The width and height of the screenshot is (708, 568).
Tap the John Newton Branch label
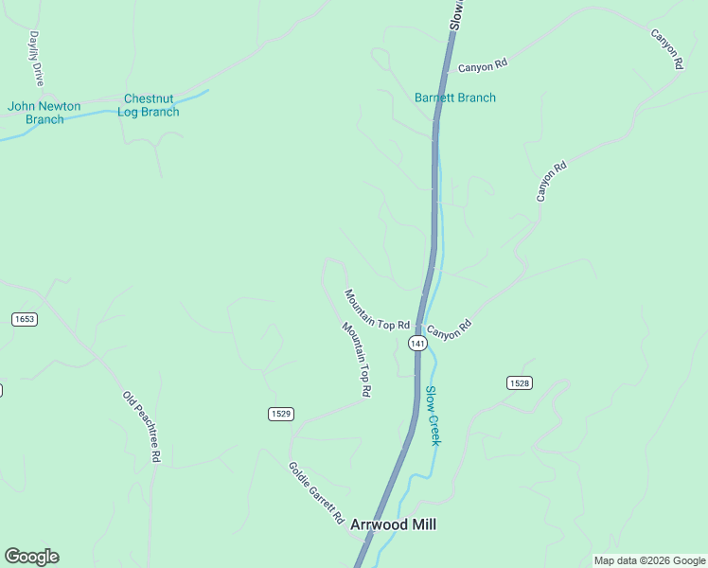point(44,113)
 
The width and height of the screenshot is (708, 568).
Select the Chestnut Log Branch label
point(149,105)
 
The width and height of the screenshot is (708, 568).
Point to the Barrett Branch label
point(455,98)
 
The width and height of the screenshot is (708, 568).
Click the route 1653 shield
point(25,319)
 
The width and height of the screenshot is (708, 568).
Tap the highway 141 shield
point(416,343)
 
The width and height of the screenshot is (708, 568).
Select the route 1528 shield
point(519,382)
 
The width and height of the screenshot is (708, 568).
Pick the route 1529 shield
point(280,414)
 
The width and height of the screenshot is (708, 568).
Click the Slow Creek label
point(433,416)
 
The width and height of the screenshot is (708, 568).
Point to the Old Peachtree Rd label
point(141,426)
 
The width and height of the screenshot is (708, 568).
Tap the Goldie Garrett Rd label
point(317,493)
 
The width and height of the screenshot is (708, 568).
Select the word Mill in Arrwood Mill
point(423,524)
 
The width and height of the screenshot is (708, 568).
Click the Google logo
point(31,557)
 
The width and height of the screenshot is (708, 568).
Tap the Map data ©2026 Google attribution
point(649,560)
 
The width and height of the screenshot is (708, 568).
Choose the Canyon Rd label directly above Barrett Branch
point(484,66)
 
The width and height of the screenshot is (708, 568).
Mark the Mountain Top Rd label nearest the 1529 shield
point(357,359)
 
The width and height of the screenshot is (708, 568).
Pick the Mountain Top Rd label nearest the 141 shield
point(377,311)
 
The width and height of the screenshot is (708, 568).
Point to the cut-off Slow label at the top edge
point(456,14)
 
